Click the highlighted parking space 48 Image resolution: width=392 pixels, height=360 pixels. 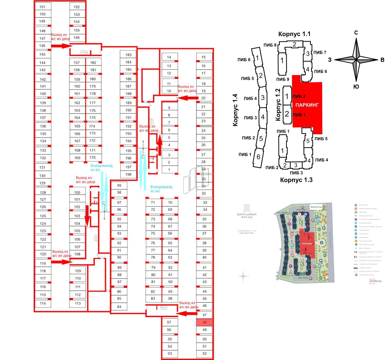pyautogui.click(x=204, y=322)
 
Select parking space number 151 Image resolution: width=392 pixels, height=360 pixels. pyautogui.click(x=43, y=7)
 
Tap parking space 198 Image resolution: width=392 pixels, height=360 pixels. pyautogui.click(x=128, y=174)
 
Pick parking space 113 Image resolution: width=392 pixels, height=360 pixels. pyautogui.click(x=78, y=303)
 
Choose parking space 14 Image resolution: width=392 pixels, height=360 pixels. pyautogui.click(x=169, y=57)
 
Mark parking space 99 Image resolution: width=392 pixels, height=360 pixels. pyautogui.click(x=119, y=185)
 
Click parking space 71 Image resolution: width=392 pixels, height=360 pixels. pyautogui.click(x=153, y=203)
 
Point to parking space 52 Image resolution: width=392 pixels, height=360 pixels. pyautogui.click(x=204, y=354)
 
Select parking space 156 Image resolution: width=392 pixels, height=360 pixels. pyautogui.click(x=77, y=38)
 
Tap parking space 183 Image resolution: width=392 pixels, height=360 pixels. pyautogui.click(x=128, y=55)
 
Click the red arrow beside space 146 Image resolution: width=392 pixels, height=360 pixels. pyautogui.click(x=61, y=46)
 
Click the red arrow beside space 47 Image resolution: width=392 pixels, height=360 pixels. pyautogui.click(x=186, y=313)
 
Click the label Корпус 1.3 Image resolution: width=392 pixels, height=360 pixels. pyautogui.click(x=296, y=180)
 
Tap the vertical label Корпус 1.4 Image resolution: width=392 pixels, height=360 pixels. pyautogui.click(x=235, y=110)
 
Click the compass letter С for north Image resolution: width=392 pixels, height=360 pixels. pyautogui.click(x=356, y=33)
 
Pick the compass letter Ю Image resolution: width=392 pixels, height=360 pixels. pyautogui.click(x=356, y=87)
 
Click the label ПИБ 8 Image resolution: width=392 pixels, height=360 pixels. pyautogui.click(x=270, y=45)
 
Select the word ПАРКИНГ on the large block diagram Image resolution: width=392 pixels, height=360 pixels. pyautogui.click(x=307, y=105)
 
